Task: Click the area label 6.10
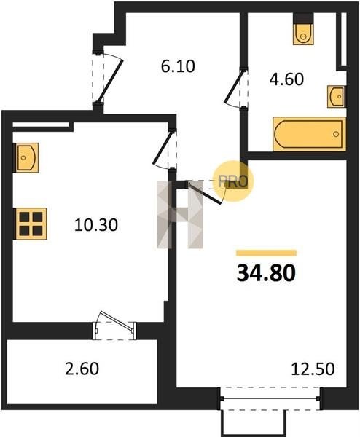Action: [178, 66]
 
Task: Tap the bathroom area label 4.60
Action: [286, 79]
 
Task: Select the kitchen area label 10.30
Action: [96, 225]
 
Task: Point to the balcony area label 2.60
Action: [82, 369]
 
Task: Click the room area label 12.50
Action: [313, 369]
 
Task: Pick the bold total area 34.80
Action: [266, 273]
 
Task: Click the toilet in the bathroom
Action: [303, 29]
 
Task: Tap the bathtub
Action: [309, 134]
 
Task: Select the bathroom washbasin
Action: [336, 96]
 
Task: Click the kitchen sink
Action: [26, 158]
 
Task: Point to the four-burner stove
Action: [30, 224]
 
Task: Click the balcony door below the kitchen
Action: [114, 326]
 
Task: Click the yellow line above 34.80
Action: [266, 253]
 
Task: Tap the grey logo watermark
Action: [179, 214]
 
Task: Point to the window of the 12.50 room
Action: [271, 399]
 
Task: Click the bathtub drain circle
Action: [336, 134]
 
